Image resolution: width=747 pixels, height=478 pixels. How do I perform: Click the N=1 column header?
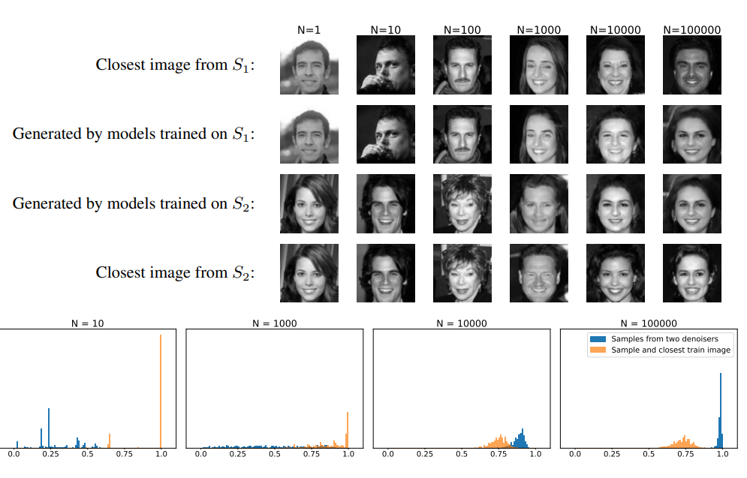(x=309, y=30)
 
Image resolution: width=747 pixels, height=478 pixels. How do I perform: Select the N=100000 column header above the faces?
(x=692, y=30)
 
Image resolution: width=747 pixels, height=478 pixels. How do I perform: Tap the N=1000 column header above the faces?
(x=539, y=30)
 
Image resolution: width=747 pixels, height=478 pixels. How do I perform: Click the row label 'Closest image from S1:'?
(x=176, y=65)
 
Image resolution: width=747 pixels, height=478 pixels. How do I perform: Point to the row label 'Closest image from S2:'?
(x=176, y=272)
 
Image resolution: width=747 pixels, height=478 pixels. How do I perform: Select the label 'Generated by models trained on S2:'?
(x=134, y=203)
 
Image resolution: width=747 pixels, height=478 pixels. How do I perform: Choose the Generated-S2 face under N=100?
(x=462, y=203)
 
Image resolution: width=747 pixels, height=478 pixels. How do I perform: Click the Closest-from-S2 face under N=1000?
(x=539, y=272)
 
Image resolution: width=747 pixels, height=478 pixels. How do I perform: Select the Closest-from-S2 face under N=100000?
(x=692, y=272)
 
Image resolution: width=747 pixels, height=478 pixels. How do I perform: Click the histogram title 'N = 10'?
(x=87, y=323)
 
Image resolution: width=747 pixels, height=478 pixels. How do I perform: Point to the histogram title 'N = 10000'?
(x=461, y=323)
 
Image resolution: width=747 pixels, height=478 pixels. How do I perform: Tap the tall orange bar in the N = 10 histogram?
(x=161, y=390)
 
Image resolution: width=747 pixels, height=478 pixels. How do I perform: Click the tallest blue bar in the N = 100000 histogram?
(x=721, y=398)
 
